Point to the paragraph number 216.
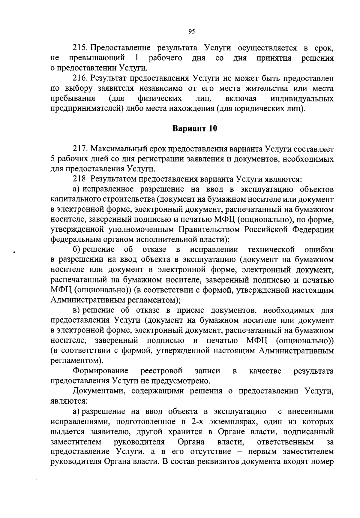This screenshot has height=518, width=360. tap(80, 79)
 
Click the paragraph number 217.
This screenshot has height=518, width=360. tap(80, 149)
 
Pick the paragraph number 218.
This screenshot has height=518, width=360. tap(80, 179)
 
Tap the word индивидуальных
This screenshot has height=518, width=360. tap(302, 99)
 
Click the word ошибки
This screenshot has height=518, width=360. tap(319, 250)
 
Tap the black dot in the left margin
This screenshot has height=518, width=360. tap(14, 253)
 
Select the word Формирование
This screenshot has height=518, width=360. tap(101, 371)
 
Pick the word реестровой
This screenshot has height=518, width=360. tap(161, 371)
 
